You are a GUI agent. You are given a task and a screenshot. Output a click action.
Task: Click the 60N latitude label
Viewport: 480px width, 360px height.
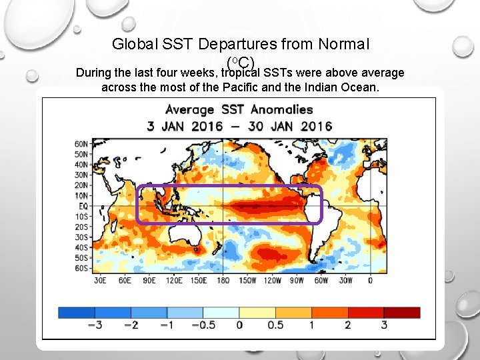point(81,144)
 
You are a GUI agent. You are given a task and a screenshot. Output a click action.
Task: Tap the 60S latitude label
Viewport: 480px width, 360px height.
point(81,268)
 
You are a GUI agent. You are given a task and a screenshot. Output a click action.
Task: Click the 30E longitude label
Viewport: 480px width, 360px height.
point(99,281)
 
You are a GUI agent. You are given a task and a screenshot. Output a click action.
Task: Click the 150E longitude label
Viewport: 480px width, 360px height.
point(199,281)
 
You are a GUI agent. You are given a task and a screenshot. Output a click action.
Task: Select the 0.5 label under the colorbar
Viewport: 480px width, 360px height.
point(275,325)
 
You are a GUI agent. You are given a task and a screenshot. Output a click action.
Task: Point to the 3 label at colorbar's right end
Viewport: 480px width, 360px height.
point(384,325)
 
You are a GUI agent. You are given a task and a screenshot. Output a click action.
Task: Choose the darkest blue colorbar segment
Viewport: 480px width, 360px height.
point(76,312)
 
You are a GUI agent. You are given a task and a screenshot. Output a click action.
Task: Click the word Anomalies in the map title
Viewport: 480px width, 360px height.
point(281,109)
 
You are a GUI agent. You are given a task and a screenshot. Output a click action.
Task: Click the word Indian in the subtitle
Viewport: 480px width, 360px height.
point(309,87)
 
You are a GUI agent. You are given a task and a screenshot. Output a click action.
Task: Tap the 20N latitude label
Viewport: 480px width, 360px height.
point(81,185)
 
